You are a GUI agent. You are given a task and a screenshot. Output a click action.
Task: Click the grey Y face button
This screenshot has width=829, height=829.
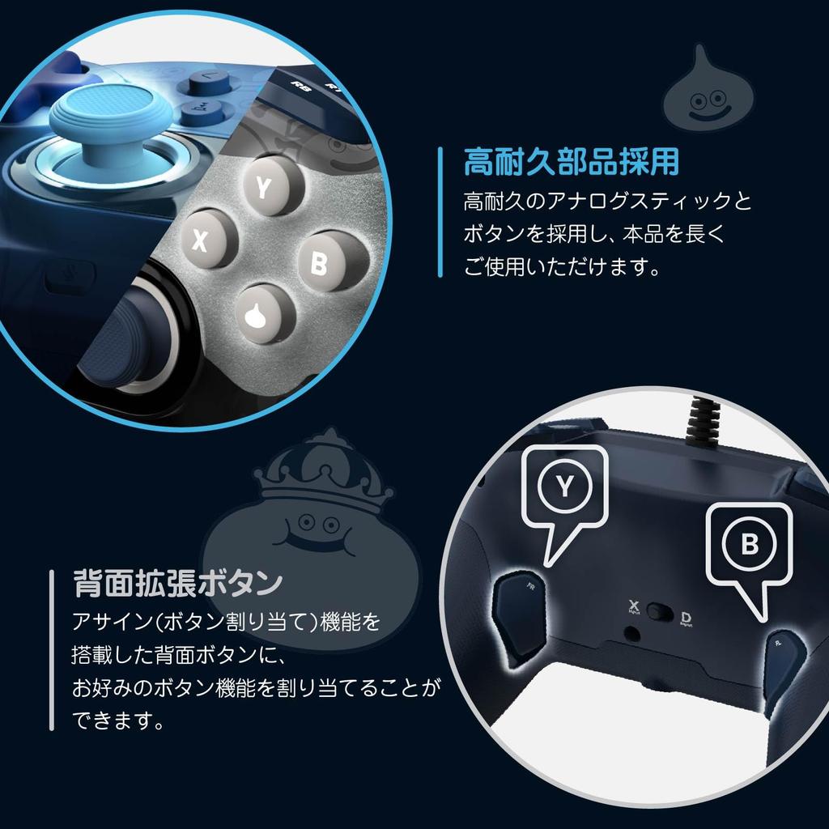coord(263,187)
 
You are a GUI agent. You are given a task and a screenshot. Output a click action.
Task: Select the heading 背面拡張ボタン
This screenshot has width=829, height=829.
coord(177,582)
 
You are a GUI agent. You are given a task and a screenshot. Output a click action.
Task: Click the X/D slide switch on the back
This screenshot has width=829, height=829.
coord(660,613)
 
